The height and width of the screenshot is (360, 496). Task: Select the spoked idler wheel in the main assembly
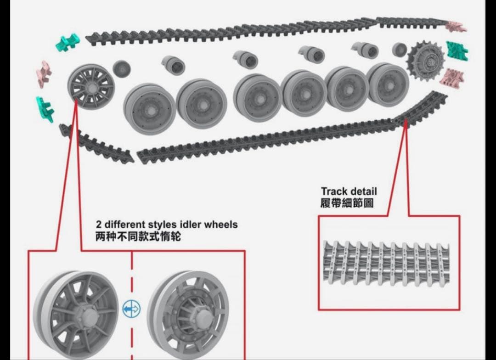[x=91, y=86]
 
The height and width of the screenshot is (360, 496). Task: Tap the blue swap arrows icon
[x=132, y=309]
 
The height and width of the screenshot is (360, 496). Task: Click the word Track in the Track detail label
[x=334, y=191]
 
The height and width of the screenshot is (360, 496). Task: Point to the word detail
[x=363, y=191]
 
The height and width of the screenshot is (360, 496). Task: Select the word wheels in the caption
[x=221, y=225]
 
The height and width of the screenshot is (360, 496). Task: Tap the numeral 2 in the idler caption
[x=99, y=225]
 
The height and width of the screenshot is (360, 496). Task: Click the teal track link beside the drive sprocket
[x=457, y=51]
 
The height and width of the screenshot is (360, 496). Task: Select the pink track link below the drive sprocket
[x=452, y=77]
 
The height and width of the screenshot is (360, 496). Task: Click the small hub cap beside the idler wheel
[x=121, y=69]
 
